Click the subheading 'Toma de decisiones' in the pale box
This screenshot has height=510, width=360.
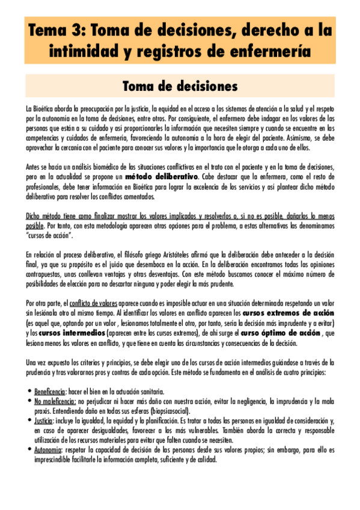(x=180, y=86)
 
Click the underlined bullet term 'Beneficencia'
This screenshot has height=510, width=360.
(x=50, y=391)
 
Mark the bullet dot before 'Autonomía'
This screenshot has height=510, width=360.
(x=29, y=450)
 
